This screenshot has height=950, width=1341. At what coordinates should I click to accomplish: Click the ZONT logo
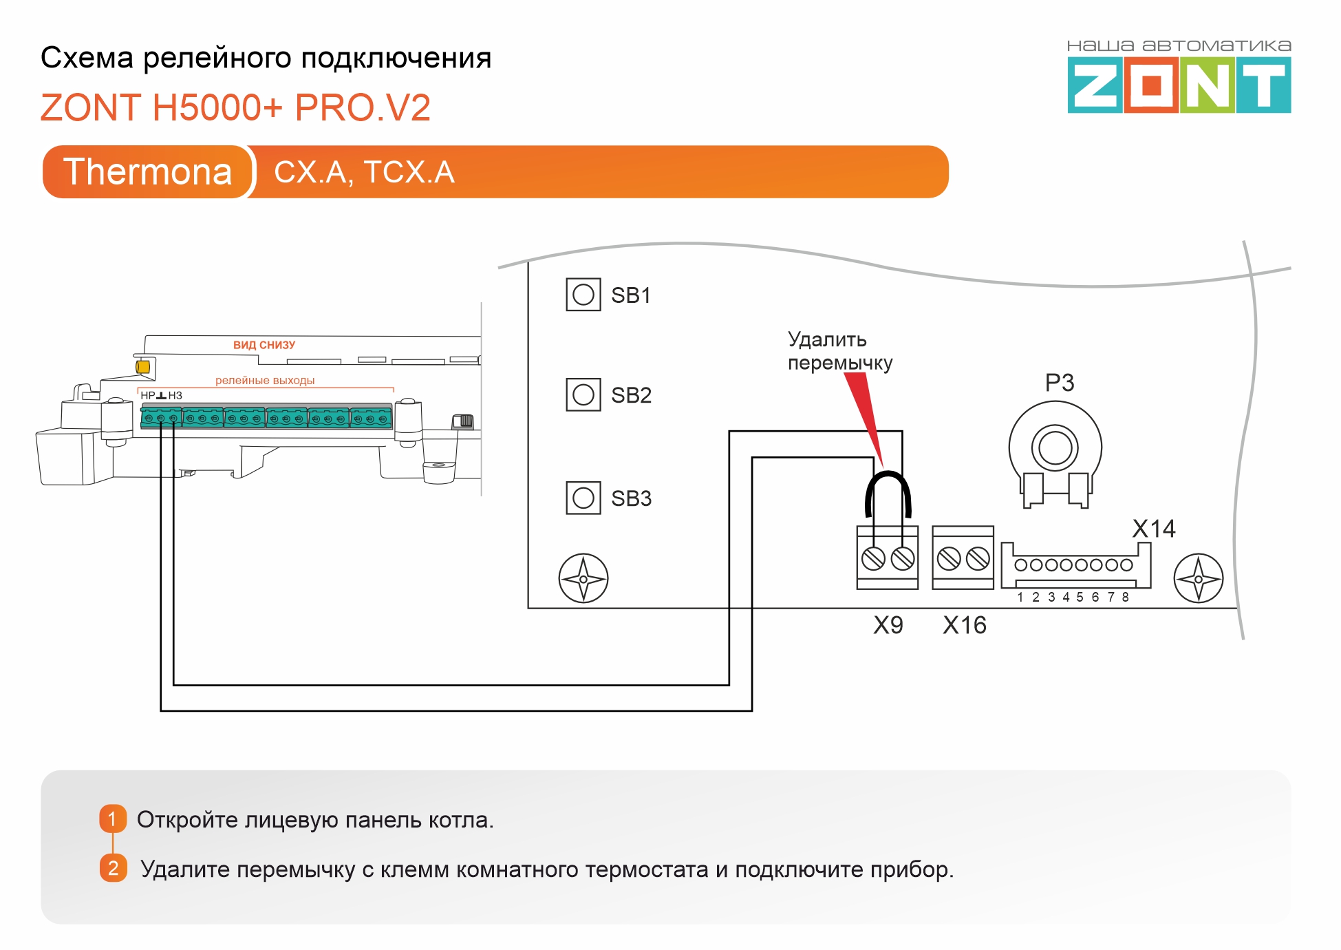(1179, 85)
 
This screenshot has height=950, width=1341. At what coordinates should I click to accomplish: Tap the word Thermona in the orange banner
(147, 171)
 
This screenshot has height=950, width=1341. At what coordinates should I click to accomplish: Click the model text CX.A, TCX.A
(364, 172)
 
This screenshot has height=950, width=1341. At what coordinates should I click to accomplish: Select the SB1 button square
(583, 295)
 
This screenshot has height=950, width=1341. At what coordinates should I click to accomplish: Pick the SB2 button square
(583, 394)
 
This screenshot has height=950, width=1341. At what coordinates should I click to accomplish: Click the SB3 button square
(583, 498)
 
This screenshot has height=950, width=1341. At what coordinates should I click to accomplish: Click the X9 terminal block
(887, 558)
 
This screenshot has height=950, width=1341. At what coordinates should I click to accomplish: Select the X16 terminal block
(963, 558)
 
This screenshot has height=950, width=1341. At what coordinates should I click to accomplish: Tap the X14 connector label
(1153, 529)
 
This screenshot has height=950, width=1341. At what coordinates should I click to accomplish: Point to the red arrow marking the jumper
(864, 413)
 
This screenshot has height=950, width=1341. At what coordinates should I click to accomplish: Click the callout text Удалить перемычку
(839, 351)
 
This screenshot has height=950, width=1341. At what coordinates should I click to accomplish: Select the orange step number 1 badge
(113, 819)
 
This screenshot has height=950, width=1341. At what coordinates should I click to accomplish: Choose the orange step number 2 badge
(113, 868)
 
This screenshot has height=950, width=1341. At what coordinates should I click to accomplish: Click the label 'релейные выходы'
(265, 380)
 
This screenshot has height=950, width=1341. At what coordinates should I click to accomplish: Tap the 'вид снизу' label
(264, 345)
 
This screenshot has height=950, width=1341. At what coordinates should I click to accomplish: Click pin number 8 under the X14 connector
(1126, 597)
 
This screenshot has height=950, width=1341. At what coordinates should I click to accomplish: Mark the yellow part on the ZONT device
(143, 367)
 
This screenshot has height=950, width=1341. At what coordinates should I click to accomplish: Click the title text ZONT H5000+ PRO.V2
(235, 107)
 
